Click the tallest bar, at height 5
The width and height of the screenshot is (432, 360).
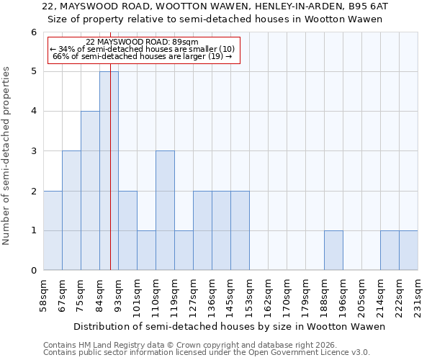[109, 171]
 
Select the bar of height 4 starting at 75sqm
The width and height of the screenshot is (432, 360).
[90, 191]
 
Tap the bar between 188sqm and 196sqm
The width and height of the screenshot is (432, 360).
[333, 251]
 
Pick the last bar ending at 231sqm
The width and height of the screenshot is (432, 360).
[408, 251]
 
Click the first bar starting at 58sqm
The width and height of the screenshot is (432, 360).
[53, 230]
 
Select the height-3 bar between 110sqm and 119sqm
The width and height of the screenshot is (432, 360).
[165, 210]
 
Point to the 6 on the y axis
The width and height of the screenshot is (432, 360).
[33, 32]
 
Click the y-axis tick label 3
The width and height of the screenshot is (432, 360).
[33, 151]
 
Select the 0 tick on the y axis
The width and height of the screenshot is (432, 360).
[33, 271]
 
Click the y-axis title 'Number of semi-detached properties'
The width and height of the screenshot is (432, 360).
[7, 156]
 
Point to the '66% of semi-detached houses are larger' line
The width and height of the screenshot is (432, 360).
[142, 56]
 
